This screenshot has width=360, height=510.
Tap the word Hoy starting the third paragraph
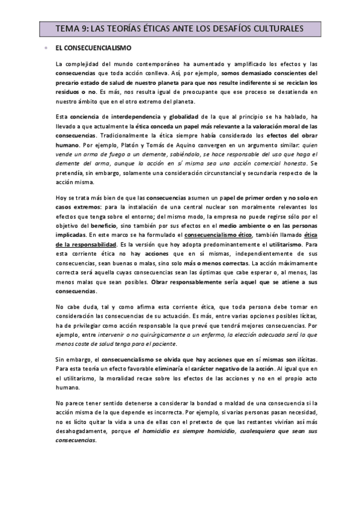click(61, 197)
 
